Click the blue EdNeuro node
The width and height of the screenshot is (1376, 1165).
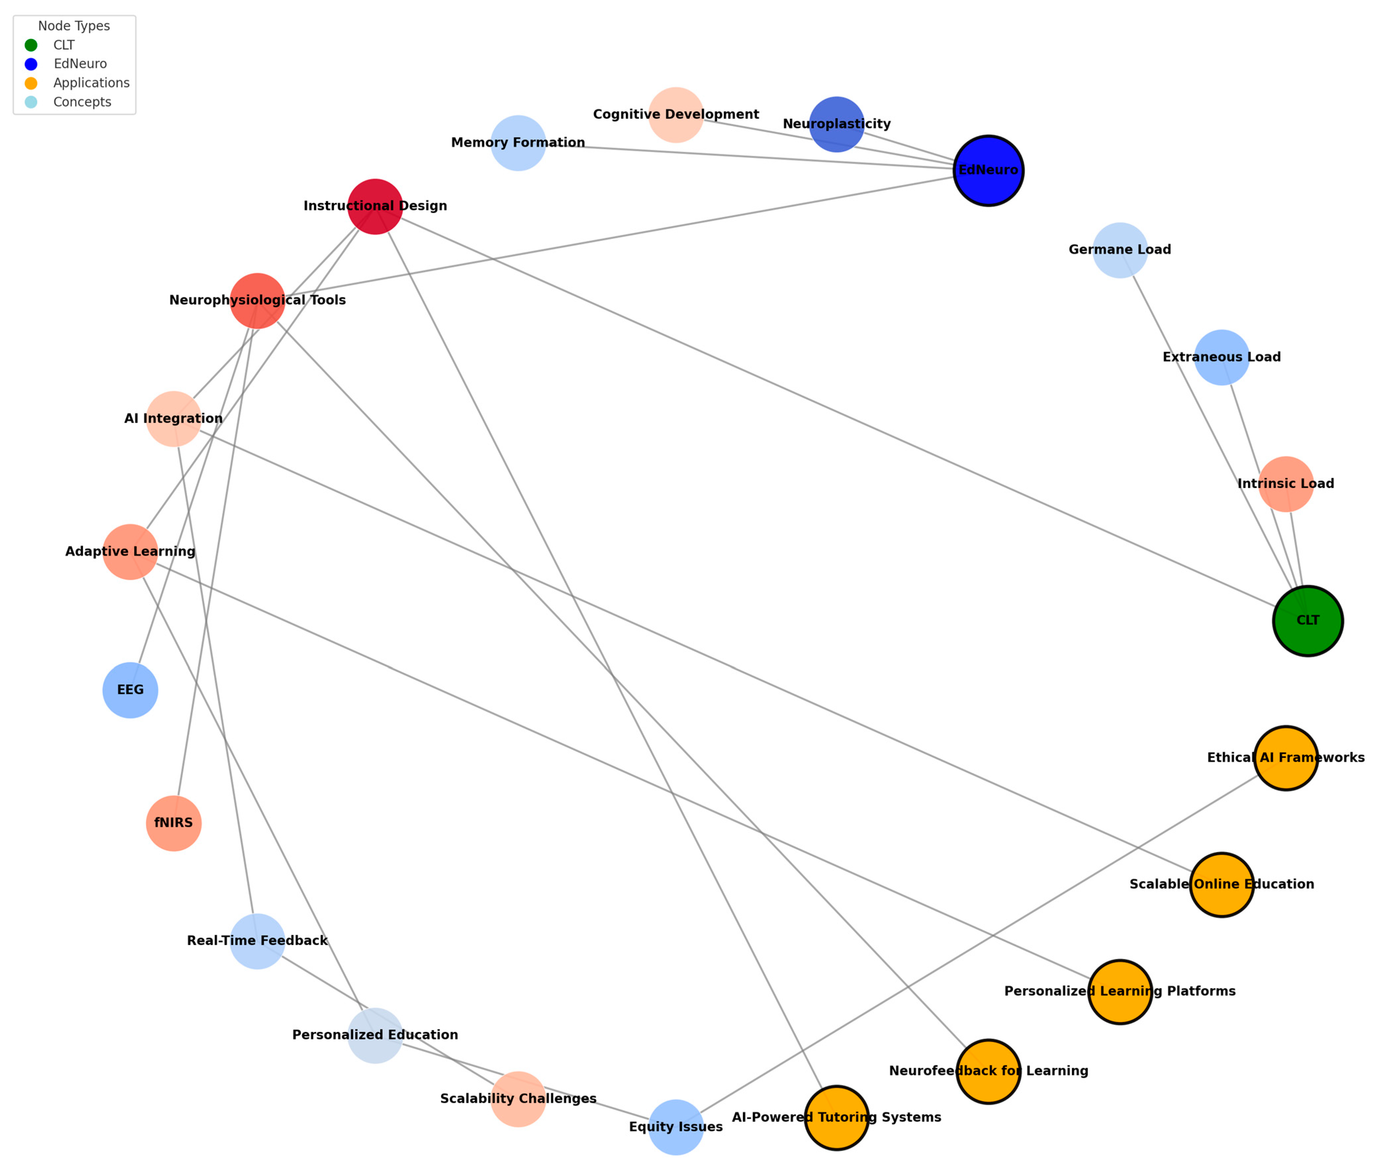tap(988, 170)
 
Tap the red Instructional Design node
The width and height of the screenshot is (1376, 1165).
tap(375, 207)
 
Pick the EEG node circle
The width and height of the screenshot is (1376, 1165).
tap(130, 690)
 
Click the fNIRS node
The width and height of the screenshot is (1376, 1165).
tap(174, 823)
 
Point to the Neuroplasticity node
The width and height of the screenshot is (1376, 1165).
tap(836, 124)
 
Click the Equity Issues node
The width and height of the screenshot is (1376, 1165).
tap(676, 1127)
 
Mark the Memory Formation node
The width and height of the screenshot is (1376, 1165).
tap(518, 143)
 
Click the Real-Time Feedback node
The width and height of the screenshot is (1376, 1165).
tap(258, 941)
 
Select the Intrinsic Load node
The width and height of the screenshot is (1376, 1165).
tap(1286, 484)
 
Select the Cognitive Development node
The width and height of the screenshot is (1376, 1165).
tap(676, 115)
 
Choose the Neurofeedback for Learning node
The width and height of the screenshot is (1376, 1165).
tap(988, 1071)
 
